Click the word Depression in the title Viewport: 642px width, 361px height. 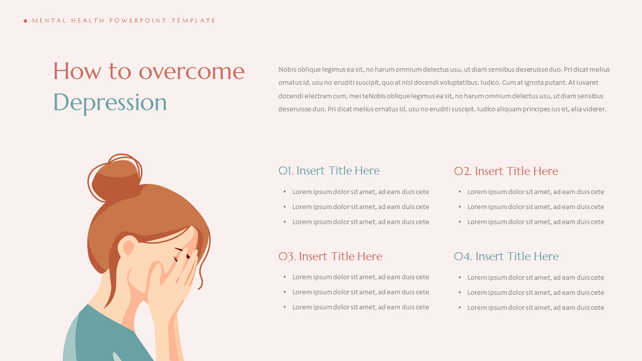pos(110,102)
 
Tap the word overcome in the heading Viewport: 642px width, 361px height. pos(192,71)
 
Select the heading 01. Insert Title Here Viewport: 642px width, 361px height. pos(329,170)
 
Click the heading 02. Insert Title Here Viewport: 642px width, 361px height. pos(506,171)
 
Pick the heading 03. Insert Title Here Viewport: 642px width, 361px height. pos(330,256)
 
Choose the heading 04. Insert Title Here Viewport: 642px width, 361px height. pos(506,256)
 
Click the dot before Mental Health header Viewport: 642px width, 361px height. pos(26,21)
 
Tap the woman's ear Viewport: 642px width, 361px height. pos(128,247)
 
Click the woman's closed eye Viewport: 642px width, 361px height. pos(179,250)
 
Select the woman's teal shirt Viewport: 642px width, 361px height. pos(110,336)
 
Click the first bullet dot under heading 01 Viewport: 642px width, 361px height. pos(284,192)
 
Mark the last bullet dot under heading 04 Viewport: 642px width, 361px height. pos(459,307)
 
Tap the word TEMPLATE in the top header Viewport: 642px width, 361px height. pos(194,21)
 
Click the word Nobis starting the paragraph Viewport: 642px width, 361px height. pos(287,70)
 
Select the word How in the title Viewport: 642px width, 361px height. pos(70,71)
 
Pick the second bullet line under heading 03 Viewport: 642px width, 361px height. pos(361,292)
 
